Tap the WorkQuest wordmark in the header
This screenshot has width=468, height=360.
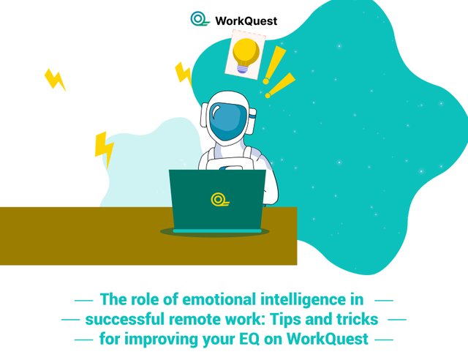tap(246, 21)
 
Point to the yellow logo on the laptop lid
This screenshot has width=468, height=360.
tap(220, 200)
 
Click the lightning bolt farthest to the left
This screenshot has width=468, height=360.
tap(55, 80)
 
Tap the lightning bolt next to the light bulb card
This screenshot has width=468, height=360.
tap(183, 73)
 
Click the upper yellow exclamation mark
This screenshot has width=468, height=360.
tap(274, 65)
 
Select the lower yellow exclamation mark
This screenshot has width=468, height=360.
tap(280, 86)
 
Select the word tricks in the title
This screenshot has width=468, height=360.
tap(358, 319)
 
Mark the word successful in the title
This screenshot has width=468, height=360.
tap(125, 319)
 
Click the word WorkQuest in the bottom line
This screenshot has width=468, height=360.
tap(327, 339)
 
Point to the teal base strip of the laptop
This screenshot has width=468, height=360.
tap(217, 231)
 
